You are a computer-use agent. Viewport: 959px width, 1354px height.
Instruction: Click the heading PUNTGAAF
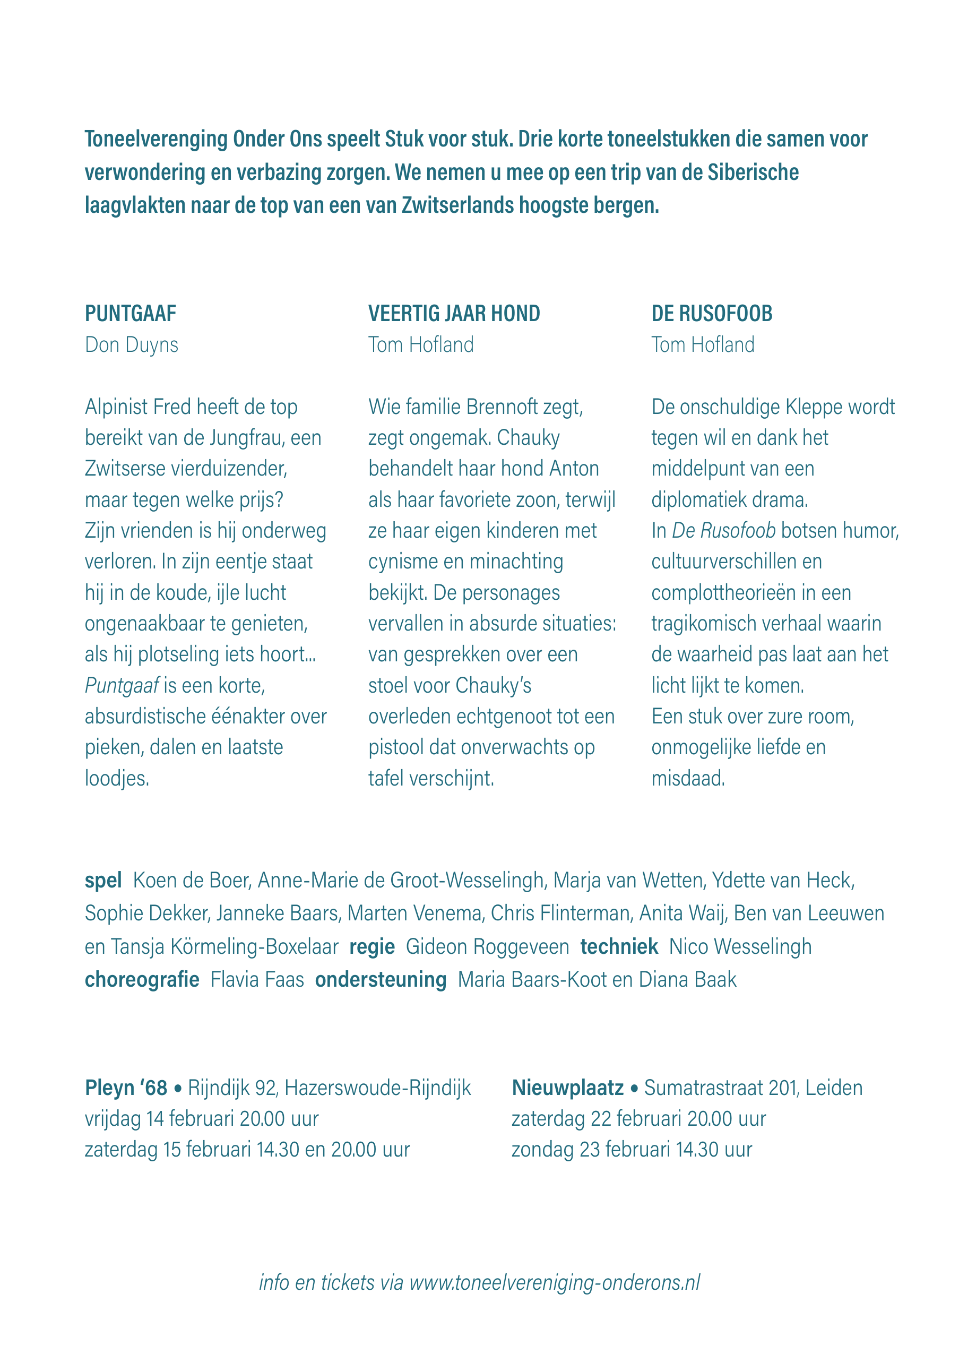131,314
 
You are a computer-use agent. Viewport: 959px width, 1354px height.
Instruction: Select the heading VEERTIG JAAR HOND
454,314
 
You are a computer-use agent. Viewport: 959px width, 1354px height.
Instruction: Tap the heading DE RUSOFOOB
712,314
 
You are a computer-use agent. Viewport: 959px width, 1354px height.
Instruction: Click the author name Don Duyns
132,345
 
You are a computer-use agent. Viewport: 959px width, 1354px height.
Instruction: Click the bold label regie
372,946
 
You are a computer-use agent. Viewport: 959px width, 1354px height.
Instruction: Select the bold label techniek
619,946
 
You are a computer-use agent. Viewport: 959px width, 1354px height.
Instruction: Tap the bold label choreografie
142,980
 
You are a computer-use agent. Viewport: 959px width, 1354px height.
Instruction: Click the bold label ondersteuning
381,980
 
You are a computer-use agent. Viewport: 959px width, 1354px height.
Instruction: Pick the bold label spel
103,881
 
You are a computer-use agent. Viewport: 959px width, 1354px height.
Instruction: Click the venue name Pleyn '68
126,1088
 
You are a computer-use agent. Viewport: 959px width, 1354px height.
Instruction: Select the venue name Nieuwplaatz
567,1088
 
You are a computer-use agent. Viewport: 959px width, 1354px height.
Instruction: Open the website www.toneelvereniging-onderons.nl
555,1282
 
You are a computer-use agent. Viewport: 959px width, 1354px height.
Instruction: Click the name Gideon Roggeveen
487,946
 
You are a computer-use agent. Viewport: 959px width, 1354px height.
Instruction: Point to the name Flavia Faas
257,980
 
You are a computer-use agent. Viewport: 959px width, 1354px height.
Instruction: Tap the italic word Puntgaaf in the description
122,686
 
